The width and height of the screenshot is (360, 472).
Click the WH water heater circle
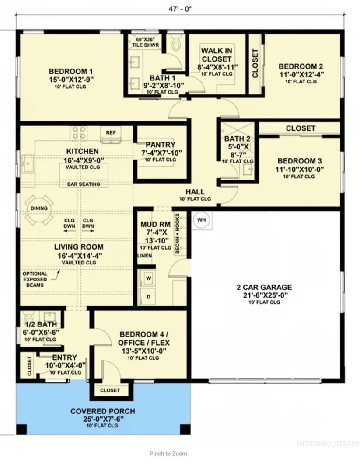(202, 220)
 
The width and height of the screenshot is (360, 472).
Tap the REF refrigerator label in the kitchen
(111, 132)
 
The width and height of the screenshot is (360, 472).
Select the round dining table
(39, 208)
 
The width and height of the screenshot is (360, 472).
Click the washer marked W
(148, 278)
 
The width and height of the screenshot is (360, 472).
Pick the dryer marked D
(148, 297)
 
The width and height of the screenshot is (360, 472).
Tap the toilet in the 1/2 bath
(28, 317)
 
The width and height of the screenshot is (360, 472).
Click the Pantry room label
(160, 145)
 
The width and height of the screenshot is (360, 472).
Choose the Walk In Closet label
(217, 55)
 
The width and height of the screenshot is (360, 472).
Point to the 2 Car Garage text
(264, 287)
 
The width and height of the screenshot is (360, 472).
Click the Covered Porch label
(103, 411)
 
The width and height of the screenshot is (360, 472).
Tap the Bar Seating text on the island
(84, 184)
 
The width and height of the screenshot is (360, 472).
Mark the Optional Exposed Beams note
(35, 279)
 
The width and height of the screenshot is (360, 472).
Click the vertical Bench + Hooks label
(178, 233)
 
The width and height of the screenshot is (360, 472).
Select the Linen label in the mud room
(145, 256)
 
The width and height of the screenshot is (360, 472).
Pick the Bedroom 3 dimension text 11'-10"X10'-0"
(300, 169)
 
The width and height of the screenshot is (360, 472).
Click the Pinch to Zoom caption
(168, 454)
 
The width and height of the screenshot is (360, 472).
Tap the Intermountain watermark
(328, 444)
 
